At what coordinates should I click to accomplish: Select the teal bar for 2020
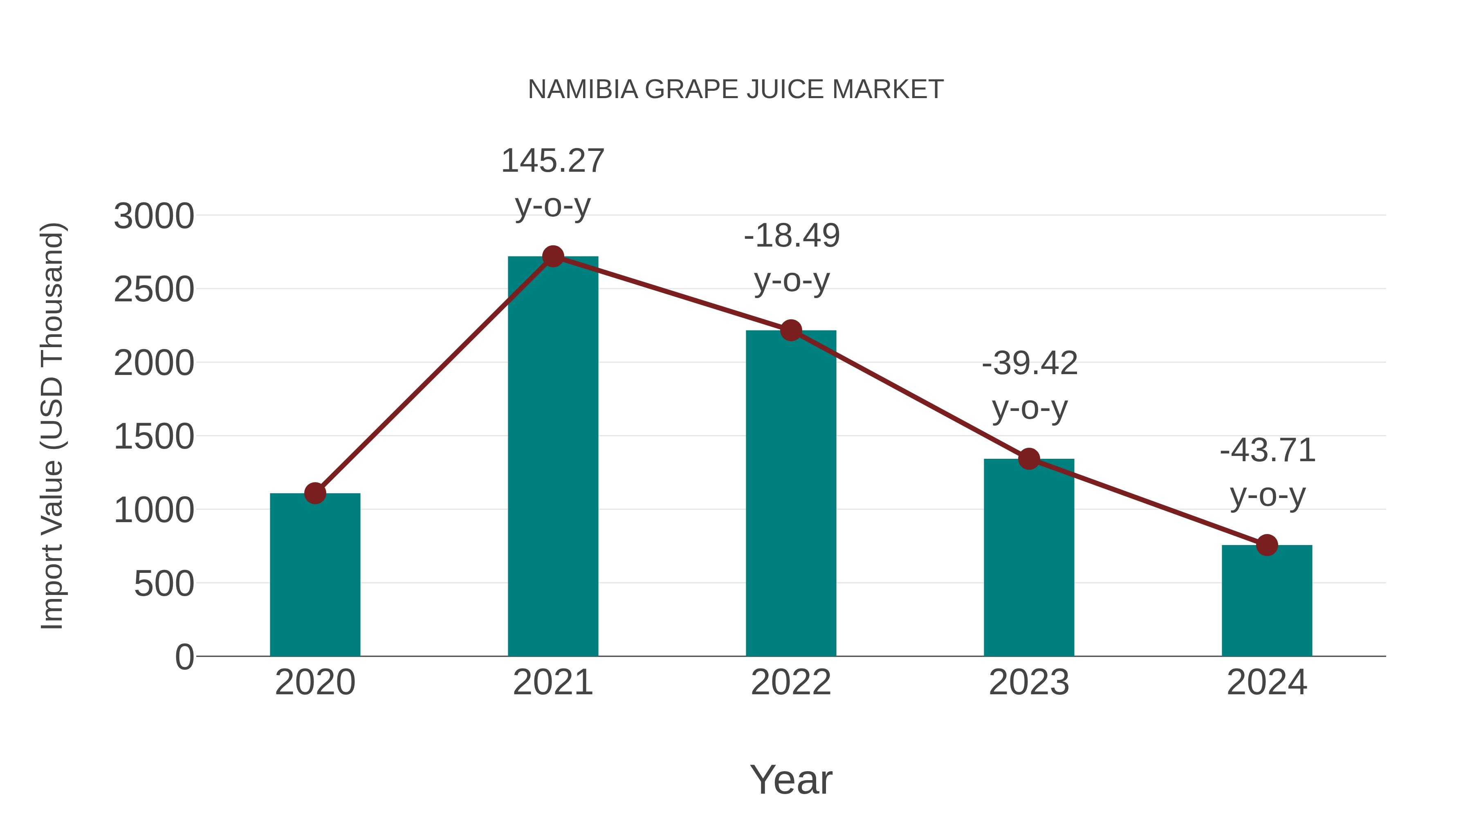[315, 577]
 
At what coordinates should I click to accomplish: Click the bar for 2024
[1266, 603]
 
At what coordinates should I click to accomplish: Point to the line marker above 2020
[315, 493]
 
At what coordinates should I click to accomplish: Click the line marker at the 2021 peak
[552, 256]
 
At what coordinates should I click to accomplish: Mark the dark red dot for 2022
[790, 330]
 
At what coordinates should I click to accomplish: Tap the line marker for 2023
[1029, 459]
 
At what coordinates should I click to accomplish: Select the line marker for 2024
[1266, 545]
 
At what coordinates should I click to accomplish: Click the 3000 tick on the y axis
[154, 217]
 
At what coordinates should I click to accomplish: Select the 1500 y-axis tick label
[154, 437]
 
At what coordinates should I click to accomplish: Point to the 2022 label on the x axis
[790, 682]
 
